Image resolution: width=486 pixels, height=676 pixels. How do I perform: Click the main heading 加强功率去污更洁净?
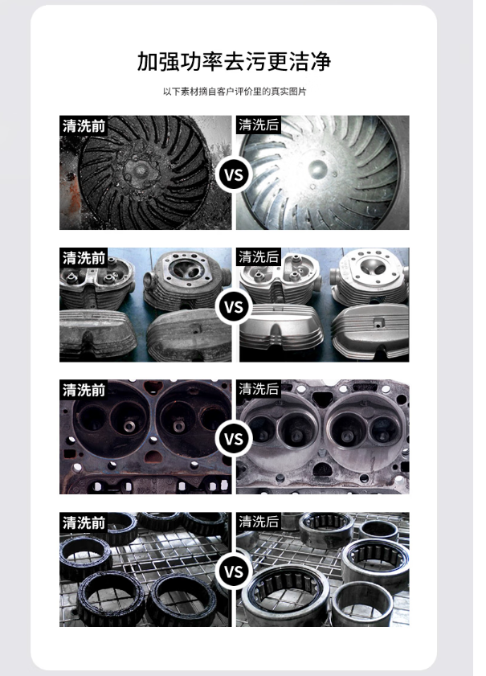[x=234, y=61]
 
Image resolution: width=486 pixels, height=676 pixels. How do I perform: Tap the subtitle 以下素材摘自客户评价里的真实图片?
[x=235, y=92]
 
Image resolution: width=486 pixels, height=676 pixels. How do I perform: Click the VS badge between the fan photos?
[x=234, y=175]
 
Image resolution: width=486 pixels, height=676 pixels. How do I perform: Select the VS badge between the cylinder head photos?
[x=234, y=307]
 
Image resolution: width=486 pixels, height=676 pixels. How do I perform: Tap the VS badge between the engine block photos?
[x=234, y=439]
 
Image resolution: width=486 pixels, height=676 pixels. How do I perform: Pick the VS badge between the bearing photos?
[x=234, y=572]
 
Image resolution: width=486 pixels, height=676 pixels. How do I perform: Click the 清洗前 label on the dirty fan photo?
[x=84, y=125]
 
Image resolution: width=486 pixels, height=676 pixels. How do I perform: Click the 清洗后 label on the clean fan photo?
[x=259, y=125]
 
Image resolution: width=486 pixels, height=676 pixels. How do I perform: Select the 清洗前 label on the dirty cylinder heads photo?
[x=84, y=257]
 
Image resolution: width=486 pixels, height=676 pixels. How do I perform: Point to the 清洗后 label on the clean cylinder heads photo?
[x=259, y=257]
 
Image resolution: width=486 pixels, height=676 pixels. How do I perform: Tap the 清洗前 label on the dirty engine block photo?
[x=84, y=390]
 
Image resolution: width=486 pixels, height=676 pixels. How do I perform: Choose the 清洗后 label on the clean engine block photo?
[x=259, y=389]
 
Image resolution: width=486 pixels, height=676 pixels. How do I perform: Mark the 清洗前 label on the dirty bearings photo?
[x=84, y=522]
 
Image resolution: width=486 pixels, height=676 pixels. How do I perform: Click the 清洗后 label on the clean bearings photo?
[x=259, y=521]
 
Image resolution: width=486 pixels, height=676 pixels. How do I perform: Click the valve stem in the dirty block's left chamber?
[x=129, y=426]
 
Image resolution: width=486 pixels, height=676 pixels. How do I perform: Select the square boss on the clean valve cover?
[x=379, y=322]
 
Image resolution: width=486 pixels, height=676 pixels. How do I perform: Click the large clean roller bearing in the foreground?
[x=285, y=595]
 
